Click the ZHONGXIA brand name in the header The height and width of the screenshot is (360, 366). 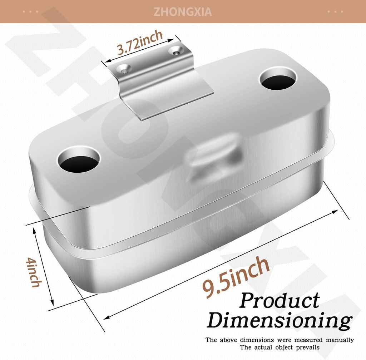[x=183, y=11]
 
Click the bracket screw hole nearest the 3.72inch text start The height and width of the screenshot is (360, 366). [x=124, y=69]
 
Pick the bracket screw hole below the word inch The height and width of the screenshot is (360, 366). [x=176, y=52]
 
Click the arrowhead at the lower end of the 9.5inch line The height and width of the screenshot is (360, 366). [x=106, y=316]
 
